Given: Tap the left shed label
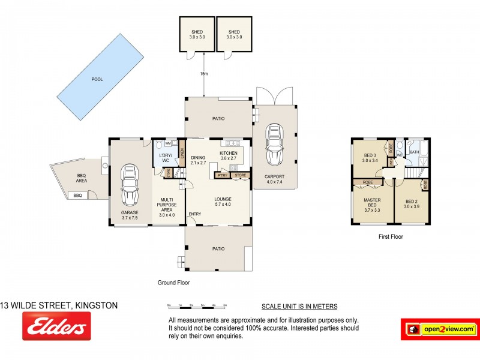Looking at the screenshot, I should coord(197,34).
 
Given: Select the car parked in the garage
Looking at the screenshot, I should coord(130,184).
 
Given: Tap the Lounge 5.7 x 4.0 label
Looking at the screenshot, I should coord(223,202).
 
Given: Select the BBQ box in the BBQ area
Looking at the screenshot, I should coord(77,196).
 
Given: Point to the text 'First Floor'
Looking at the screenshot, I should coord(390,237).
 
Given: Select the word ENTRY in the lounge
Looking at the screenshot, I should coord(194,214).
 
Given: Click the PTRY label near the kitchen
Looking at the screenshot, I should coord(222,175).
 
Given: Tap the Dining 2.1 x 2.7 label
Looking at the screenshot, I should coord(198,160).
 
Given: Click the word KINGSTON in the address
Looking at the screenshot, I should coord(95,305).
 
